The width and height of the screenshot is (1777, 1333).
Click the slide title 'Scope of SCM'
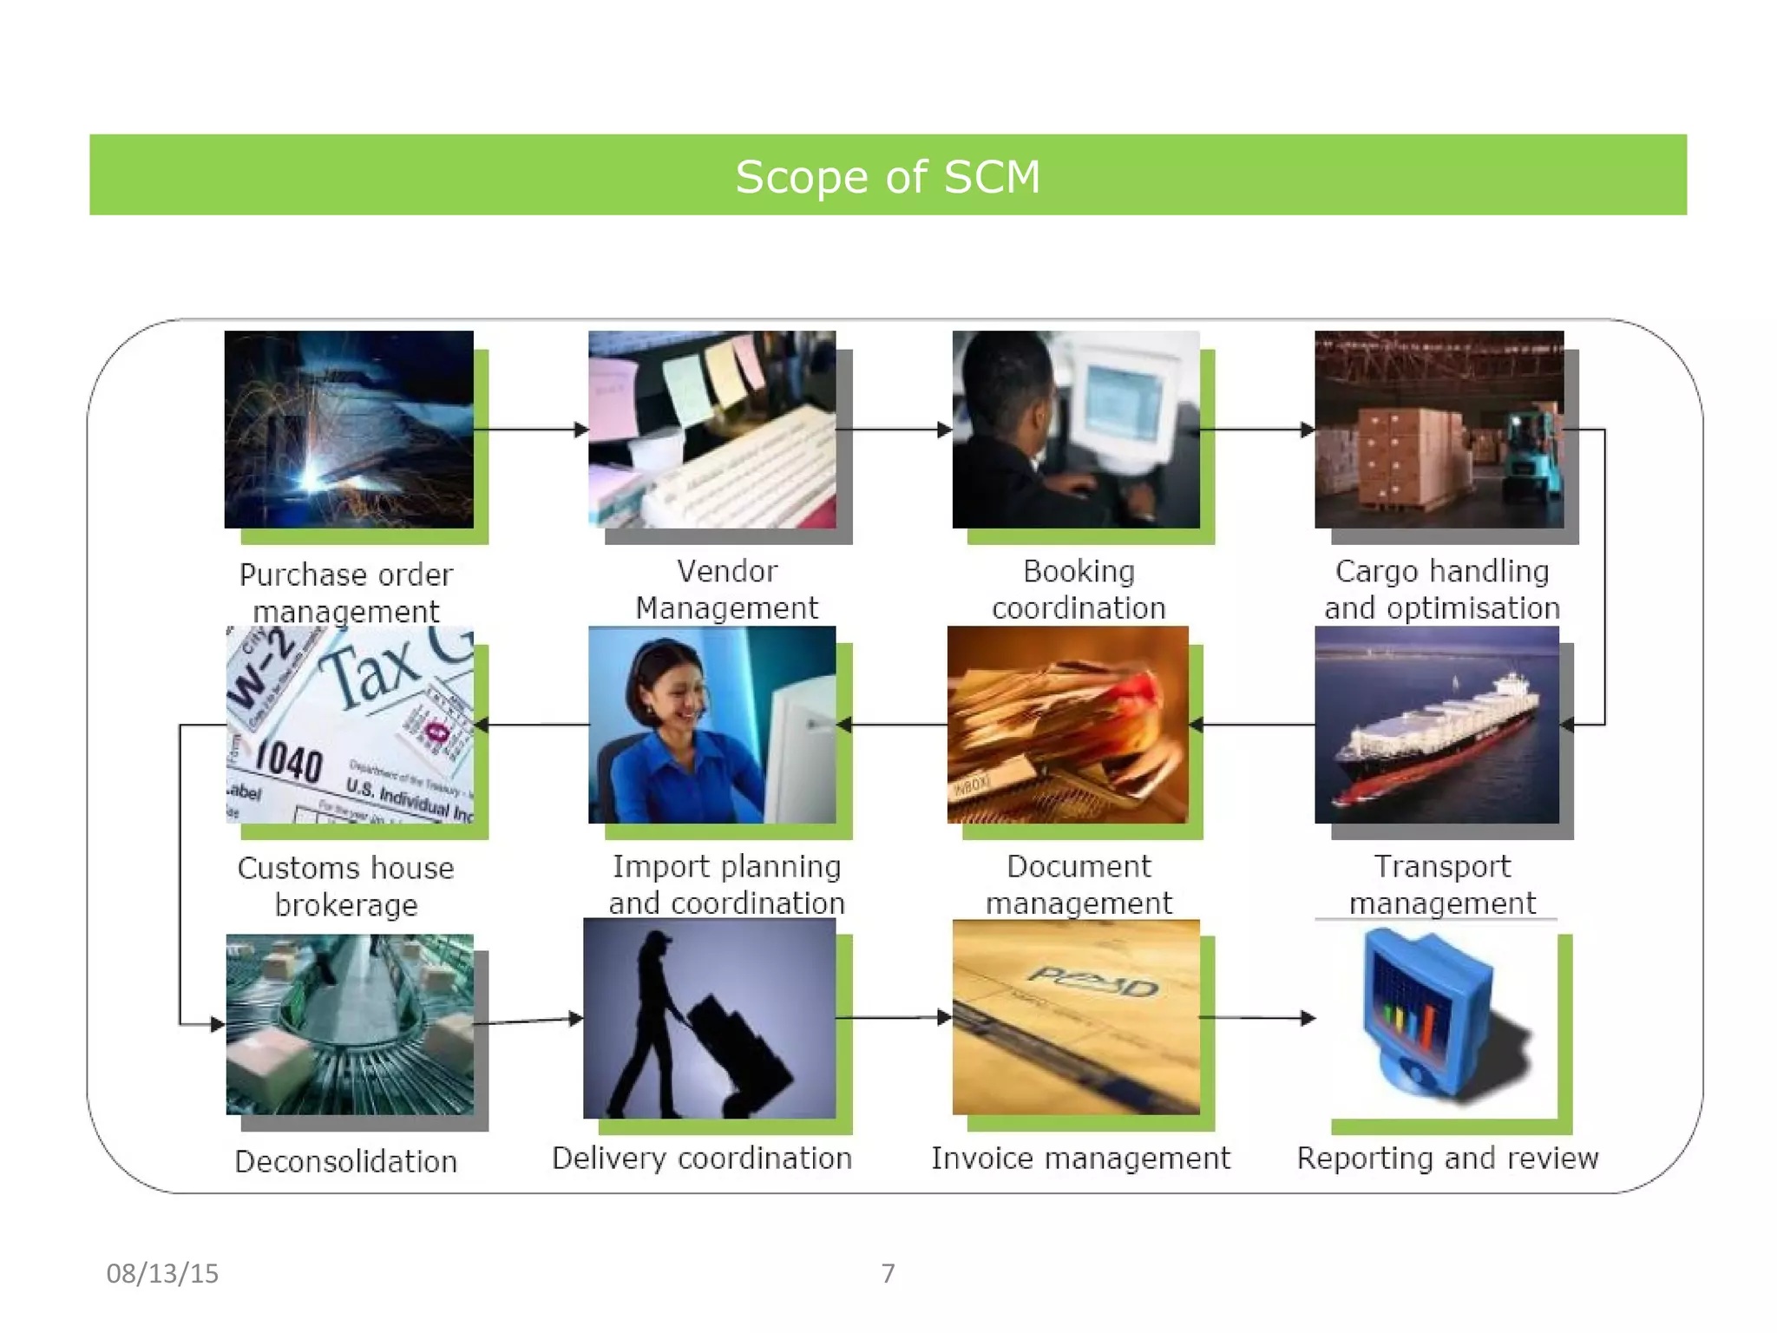pos(888,177)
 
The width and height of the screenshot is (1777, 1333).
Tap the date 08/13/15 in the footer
pos(162,1273)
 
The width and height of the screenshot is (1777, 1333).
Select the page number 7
pos(888,1273)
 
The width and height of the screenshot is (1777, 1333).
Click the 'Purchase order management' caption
pos(346,593)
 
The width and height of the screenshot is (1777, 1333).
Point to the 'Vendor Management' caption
pos(727,589)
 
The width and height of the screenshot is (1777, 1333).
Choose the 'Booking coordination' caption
pos(1079,589)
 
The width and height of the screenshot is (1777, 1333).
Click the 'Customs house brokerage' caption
pos(346,886)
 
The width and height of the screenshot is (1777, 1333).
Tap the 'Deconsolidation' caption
pos(346,1161)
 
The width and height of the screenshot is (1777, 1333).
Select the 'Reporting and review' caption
pos(1447,1159)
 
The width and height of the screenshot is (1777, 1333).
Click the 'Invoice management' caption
pos(1080,1159)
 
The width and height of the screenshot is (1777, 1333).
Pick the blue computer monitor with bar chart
pos(1423,1015)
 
